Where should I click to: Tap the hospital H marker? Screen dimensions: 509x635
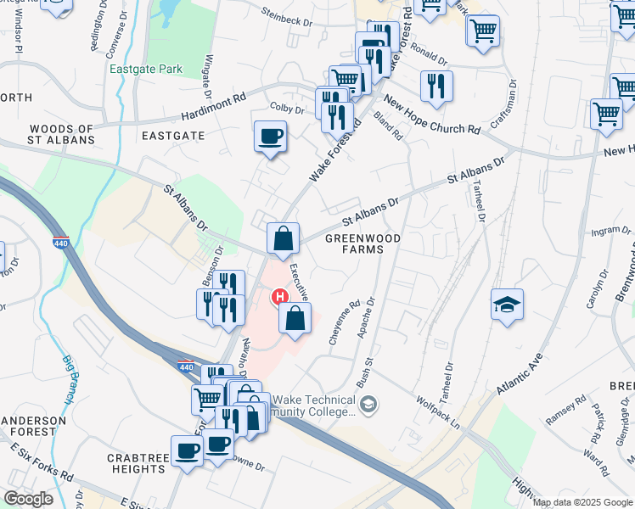tap(278, 297)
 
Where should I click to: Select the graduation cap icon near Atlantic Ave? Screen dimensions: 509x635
tap(507, 305)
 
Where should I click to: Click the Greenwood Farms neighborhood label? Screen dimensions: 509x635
tap(362, 244)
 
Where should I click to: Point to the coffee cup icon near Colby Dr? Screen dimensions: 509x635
tap(270, 137)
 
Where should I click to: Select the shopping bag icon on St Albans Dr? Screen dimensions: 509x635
tap(284, 238)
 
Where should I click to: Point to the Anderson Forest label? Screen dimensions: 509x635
tap(33, 426)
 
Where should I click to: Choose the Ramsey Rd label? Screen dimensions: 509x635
tap(565, 411)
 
